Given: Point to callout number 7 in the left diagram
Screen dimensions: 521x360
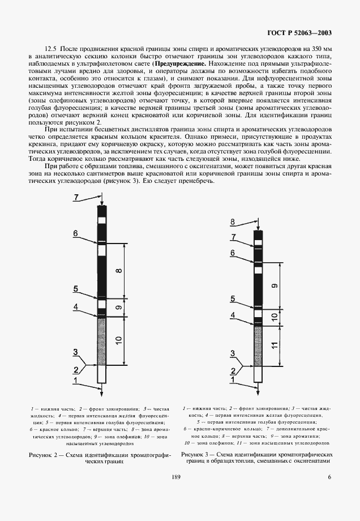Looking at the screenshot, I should tap(78, 197).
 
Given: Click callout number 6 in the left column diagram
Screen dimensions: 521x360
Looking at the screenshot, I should tap(75, 233).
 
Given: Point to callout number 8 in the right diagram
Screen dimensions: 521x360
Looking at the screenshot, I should tap(232, 221).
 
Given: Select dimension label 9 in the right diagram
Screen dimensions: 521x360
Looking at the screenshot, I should tap(275, 287).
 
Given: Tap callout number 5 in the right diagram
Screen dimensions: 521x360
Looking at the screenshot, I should tap(232, 298).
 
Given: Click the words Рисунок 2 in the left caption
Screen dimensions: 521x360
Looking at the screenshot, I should tap(42, 455).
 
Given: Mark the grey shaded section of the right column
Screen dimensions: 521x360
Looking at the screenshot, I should tap(258, 345).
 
